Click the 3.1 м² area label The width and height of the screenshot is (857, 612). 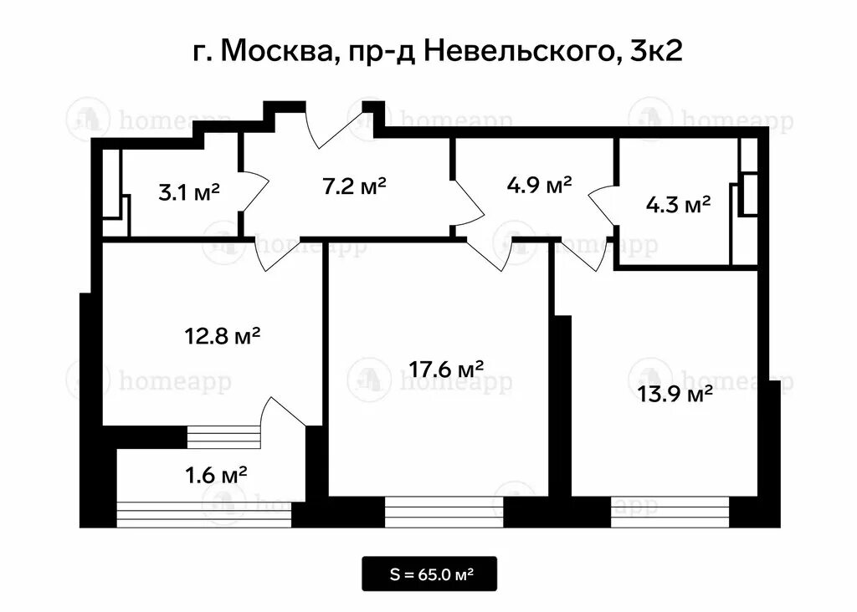pos(188,192)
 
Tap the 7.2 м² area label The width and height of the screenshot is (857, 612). pos(354,186)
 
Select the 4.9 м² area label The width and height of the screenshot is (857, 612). pos(540,184)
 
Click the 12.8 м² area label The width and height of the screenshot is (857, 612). pos(222,337)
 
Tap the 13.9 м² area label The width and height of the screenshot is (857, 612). pos(675,394)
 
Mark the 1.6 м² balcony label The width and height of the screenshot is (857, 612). pos(215,476)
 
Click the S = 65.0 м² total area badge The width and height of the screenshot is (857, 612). pos(429,574)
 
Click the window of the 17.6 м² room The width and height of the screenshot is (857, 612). pos(444,511)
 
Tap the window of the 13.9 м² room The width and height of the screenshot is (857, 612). pos(670,511)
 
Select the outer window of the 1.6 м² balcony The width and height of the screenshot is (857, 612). pos(204,514)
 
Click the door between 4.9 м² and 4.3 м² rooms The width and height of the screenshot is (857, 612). pos(603,206)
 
